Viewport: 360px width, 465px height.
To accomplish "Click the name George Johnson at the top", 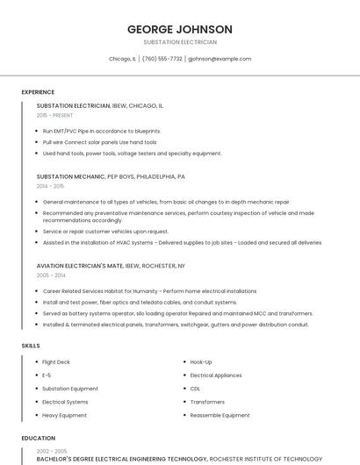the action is pyautogui.click(x=179, y=29).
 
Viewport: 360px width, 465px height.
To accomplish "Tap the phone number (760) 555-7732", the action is pyautogui.click(x=162, y=59).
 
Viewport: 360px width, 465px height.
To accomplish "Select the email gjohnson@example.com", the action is pyautogui.click(x=220, y=59).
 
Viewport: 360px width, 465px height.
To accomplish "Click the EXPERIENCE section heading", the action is pyautogui.click(x=38, y=92).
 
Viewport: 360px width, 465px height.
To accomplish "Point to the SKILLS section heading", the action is pyautogui.click(x=31, y=346).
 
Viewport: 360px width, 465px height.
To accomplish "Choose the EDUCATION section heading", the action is pyautogui.click(x=38, y=437).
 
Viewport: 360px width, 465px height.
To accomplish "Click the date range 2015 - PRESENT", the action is pyautogui.click(x=54, y=115).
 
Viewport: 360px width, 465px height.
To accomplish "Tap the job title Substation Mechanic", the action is pyautogui.click(x=73, y=176).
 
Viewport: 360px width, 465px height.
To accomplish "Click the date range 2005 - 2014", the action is pyautogui.click(x=51, y=275).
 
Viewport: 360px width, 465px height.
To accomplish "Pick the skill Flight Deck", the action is pyautogui.click(x=55, y=361).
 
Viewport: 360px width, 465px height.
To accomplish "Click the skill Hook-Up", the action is pyautogui.click(x=201, y=361).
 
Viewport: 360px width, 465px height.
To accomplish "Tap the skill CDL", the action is pyautogui.click(x=195, y=388).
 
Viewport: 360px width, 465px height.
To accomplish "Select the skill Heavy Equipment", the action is pyautogui.click(x=64, y=415).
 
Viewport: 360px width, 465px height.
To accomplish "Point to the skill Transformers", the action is pyautogui.click(x=207, y=402).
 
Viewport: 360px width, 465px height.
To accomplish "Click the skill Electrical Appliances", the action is pyautogui.click(x=215, y=375).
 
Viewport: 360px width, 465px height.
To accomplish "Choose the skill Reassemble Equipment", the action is pyautogui.click(x=220, y=415).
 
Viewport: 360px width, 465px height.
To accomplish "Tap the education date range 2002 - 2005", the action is pyautogui.click(x=51, y=451).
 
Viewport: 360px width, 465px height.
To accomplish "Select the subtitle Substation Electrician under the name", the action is pyautogui.click(x=179, y=42).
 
